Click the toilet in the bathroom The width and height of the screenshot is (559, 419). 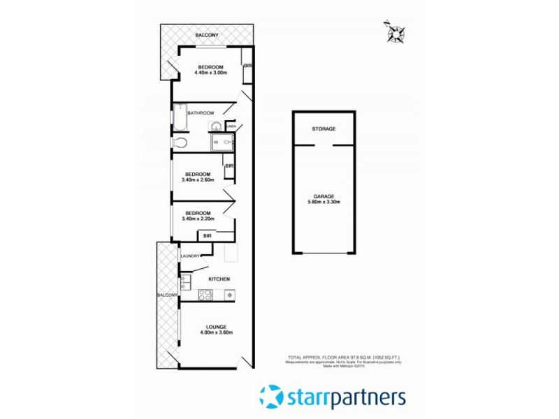tap(180, 142)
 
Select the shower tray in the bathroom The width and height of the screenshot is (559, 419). tap(222, 143)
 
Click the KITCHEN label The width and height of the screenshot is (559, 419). tap(219, 279)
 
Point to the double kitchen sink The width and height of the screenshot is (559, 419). tap(184, 283)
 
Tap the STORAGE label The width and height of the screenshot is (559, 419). tap(324, 129)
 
